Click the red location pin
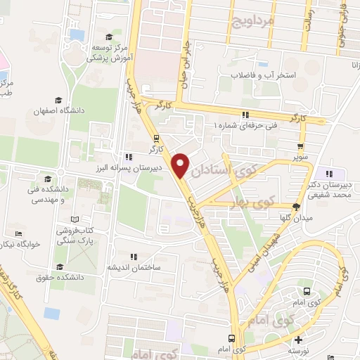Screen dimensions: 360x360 pyautogui.click(x=181, y=165)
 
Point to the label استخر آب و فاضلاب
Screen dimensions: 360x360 pyautogui.click(x=266, y=75)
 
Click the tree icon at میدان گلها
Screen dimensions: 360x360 pyautogui.click(x=295, y=207)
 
